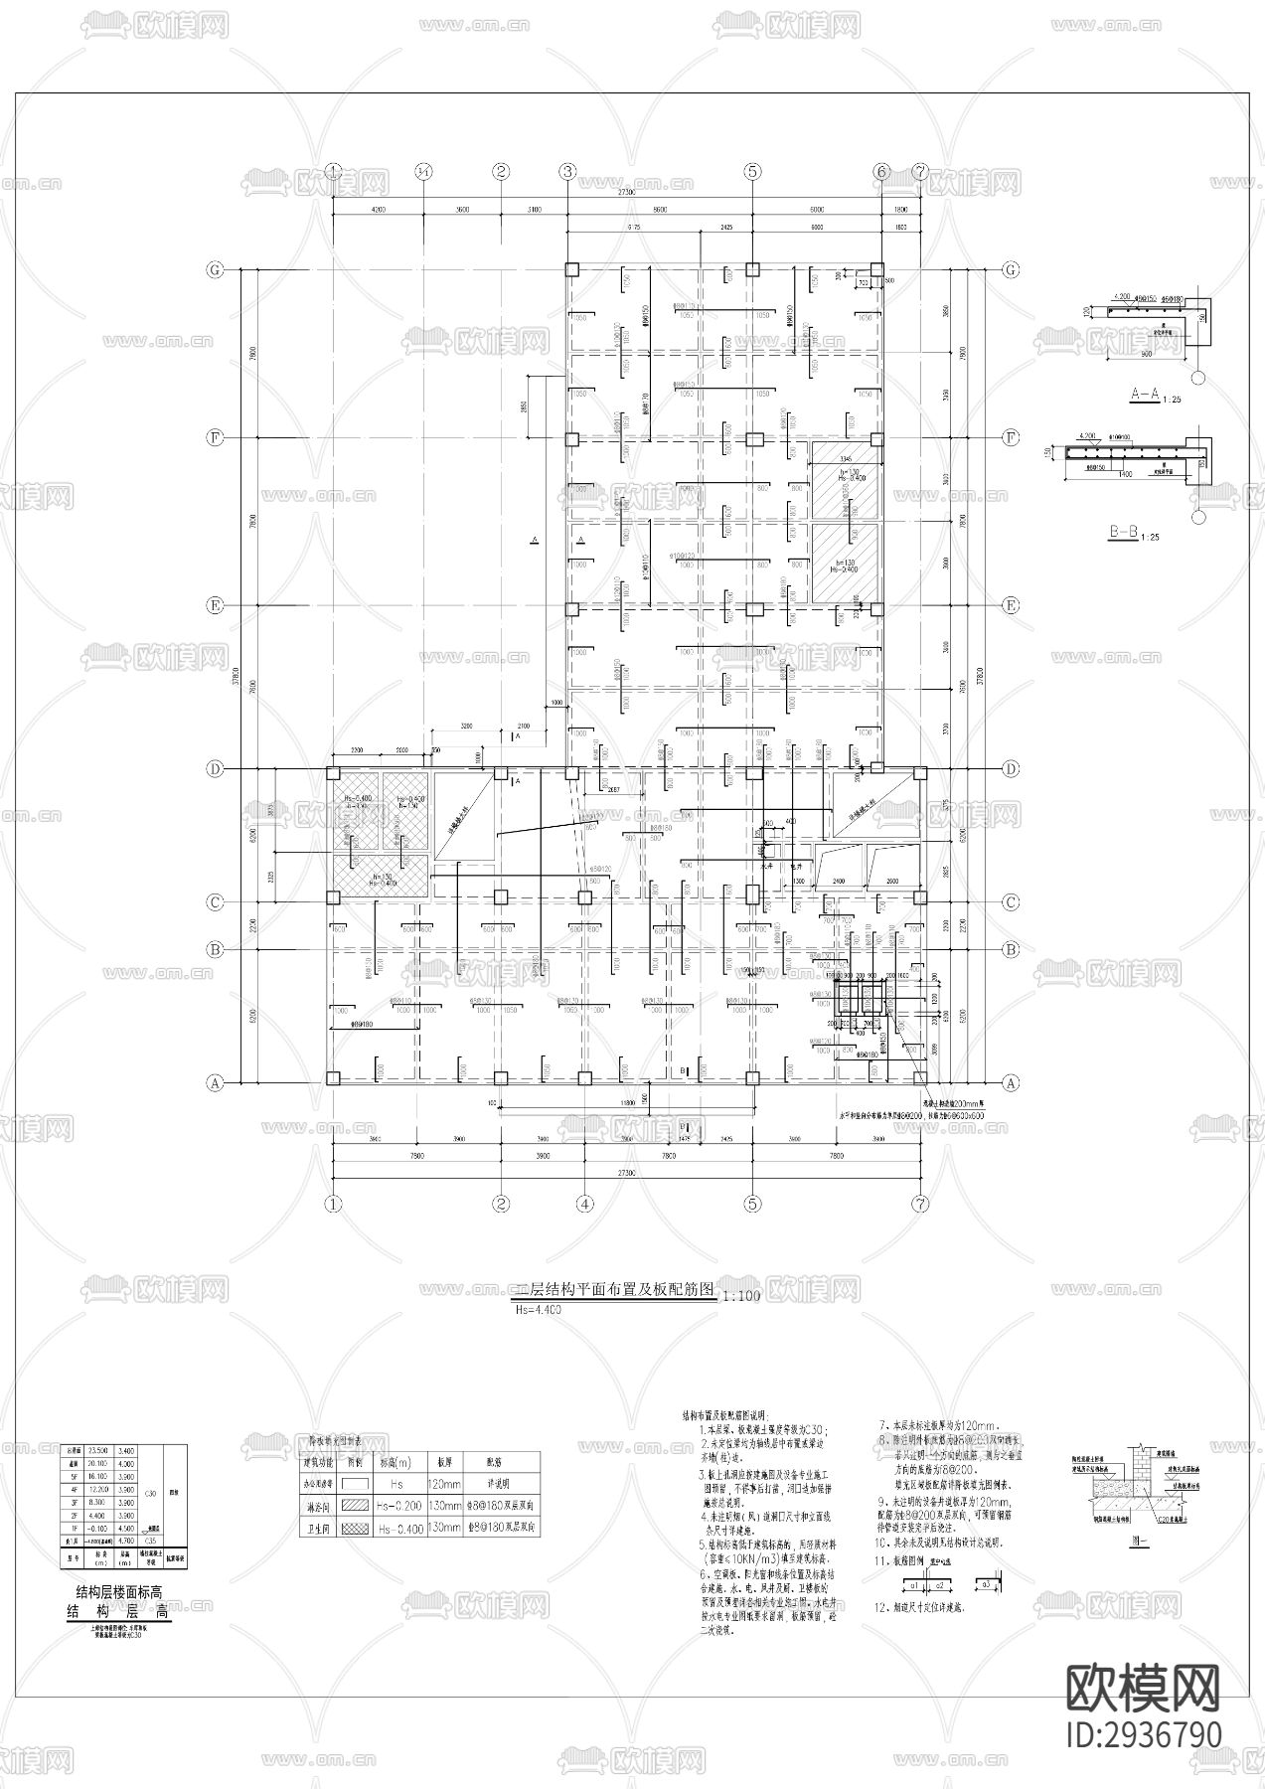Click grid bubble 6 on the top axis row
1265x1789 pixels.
[880, 171]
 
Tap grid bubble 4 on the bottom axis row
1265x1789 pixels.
[585, 1204]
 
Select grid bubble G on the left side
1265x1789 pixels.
[213, 270]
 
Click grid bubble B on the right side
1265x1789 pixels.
[1012, 949]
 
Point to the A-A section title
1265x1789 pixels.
[1145, 395]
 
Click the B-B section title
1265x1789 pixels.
[1123, 534]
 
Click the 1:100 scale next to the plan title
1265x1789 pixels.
[739, 1296]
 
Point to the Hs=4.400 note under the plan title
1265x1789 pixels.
[538, 1310]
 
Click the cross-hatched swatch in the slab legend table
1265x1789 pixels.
[353, 1529]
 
